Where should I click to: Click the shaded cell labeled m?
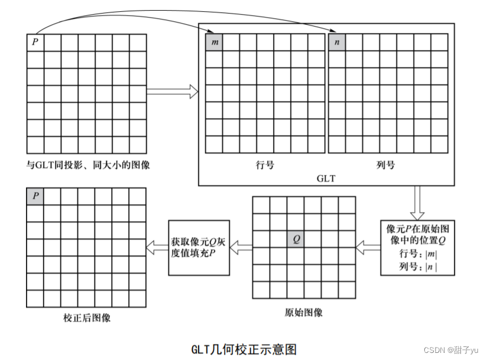click(x=214, y=43)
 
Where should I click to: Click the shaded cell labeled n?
click(x=336, y=43)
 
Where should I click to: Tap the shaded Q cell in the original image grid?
click(x=296, y=239)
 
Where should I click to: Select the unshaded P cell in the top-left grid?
click(x=35, y=43)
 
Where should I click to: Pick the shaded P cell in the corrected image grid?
click(x=35, y=196)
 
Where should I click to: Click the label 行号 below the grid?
click(x=265, y=165)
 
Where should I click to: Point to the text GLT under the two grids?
click(x=326, y=177)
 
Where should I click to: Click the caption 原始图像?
click(x=304, y=312)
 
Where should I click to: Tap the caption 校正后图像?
click(x=87, y=317)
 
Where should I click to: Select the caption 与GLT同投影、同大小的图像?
click(x=87, y=165)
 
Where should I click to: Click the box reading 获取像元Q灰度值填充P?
click(x=199, y=247)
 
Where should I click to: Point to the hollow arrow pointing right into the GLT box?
click(x=172, y=92)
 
